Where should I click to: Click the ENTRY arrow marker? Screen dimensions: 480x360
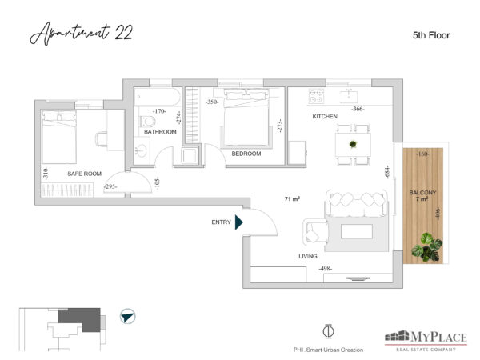[238, 222]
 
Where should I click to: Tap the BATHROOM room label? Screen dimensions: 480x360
[160, 132]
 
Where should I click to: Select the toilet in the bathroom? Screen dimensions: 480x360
[148, 122]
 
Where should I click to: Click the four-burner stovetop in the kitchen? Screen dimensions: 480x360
[316, 96]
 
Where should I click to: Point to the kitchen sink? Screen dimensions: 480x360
[349, 95]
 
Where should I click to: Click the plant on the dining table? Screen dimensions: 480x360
[353, 143]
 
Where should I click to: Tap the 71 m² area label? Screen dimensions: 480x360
[292, 199]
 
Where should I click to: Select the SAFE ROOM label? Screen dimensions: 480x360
[84, 174]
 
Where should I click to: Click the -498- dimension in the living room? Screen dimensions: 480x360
[325, 269]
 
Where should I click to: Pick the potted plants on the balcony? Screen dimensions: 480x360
[427, 246]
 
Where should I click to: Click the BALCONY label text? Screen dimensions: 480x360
[422, 193]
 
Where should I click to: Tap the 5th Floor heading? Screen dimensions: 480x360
[431, 35]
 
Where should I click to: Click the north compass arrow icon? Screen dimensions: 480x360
[128, 316]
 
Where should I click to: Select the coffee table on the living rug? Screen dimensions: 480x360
[357, 231]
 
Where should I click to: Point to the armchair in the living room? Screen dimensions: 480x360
[315, 231]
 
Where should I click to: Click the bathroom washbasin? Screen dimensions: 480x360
[142, 151]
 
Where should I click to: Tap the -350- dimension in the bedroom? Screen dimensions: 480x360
[212, 102]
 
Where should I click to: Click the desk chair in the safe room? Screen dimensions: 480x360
[101, 139]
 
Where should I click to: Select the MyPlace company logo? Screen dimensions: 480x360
[426, 341]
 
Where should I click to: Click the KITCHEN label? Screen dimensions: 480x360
[325, 117]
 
